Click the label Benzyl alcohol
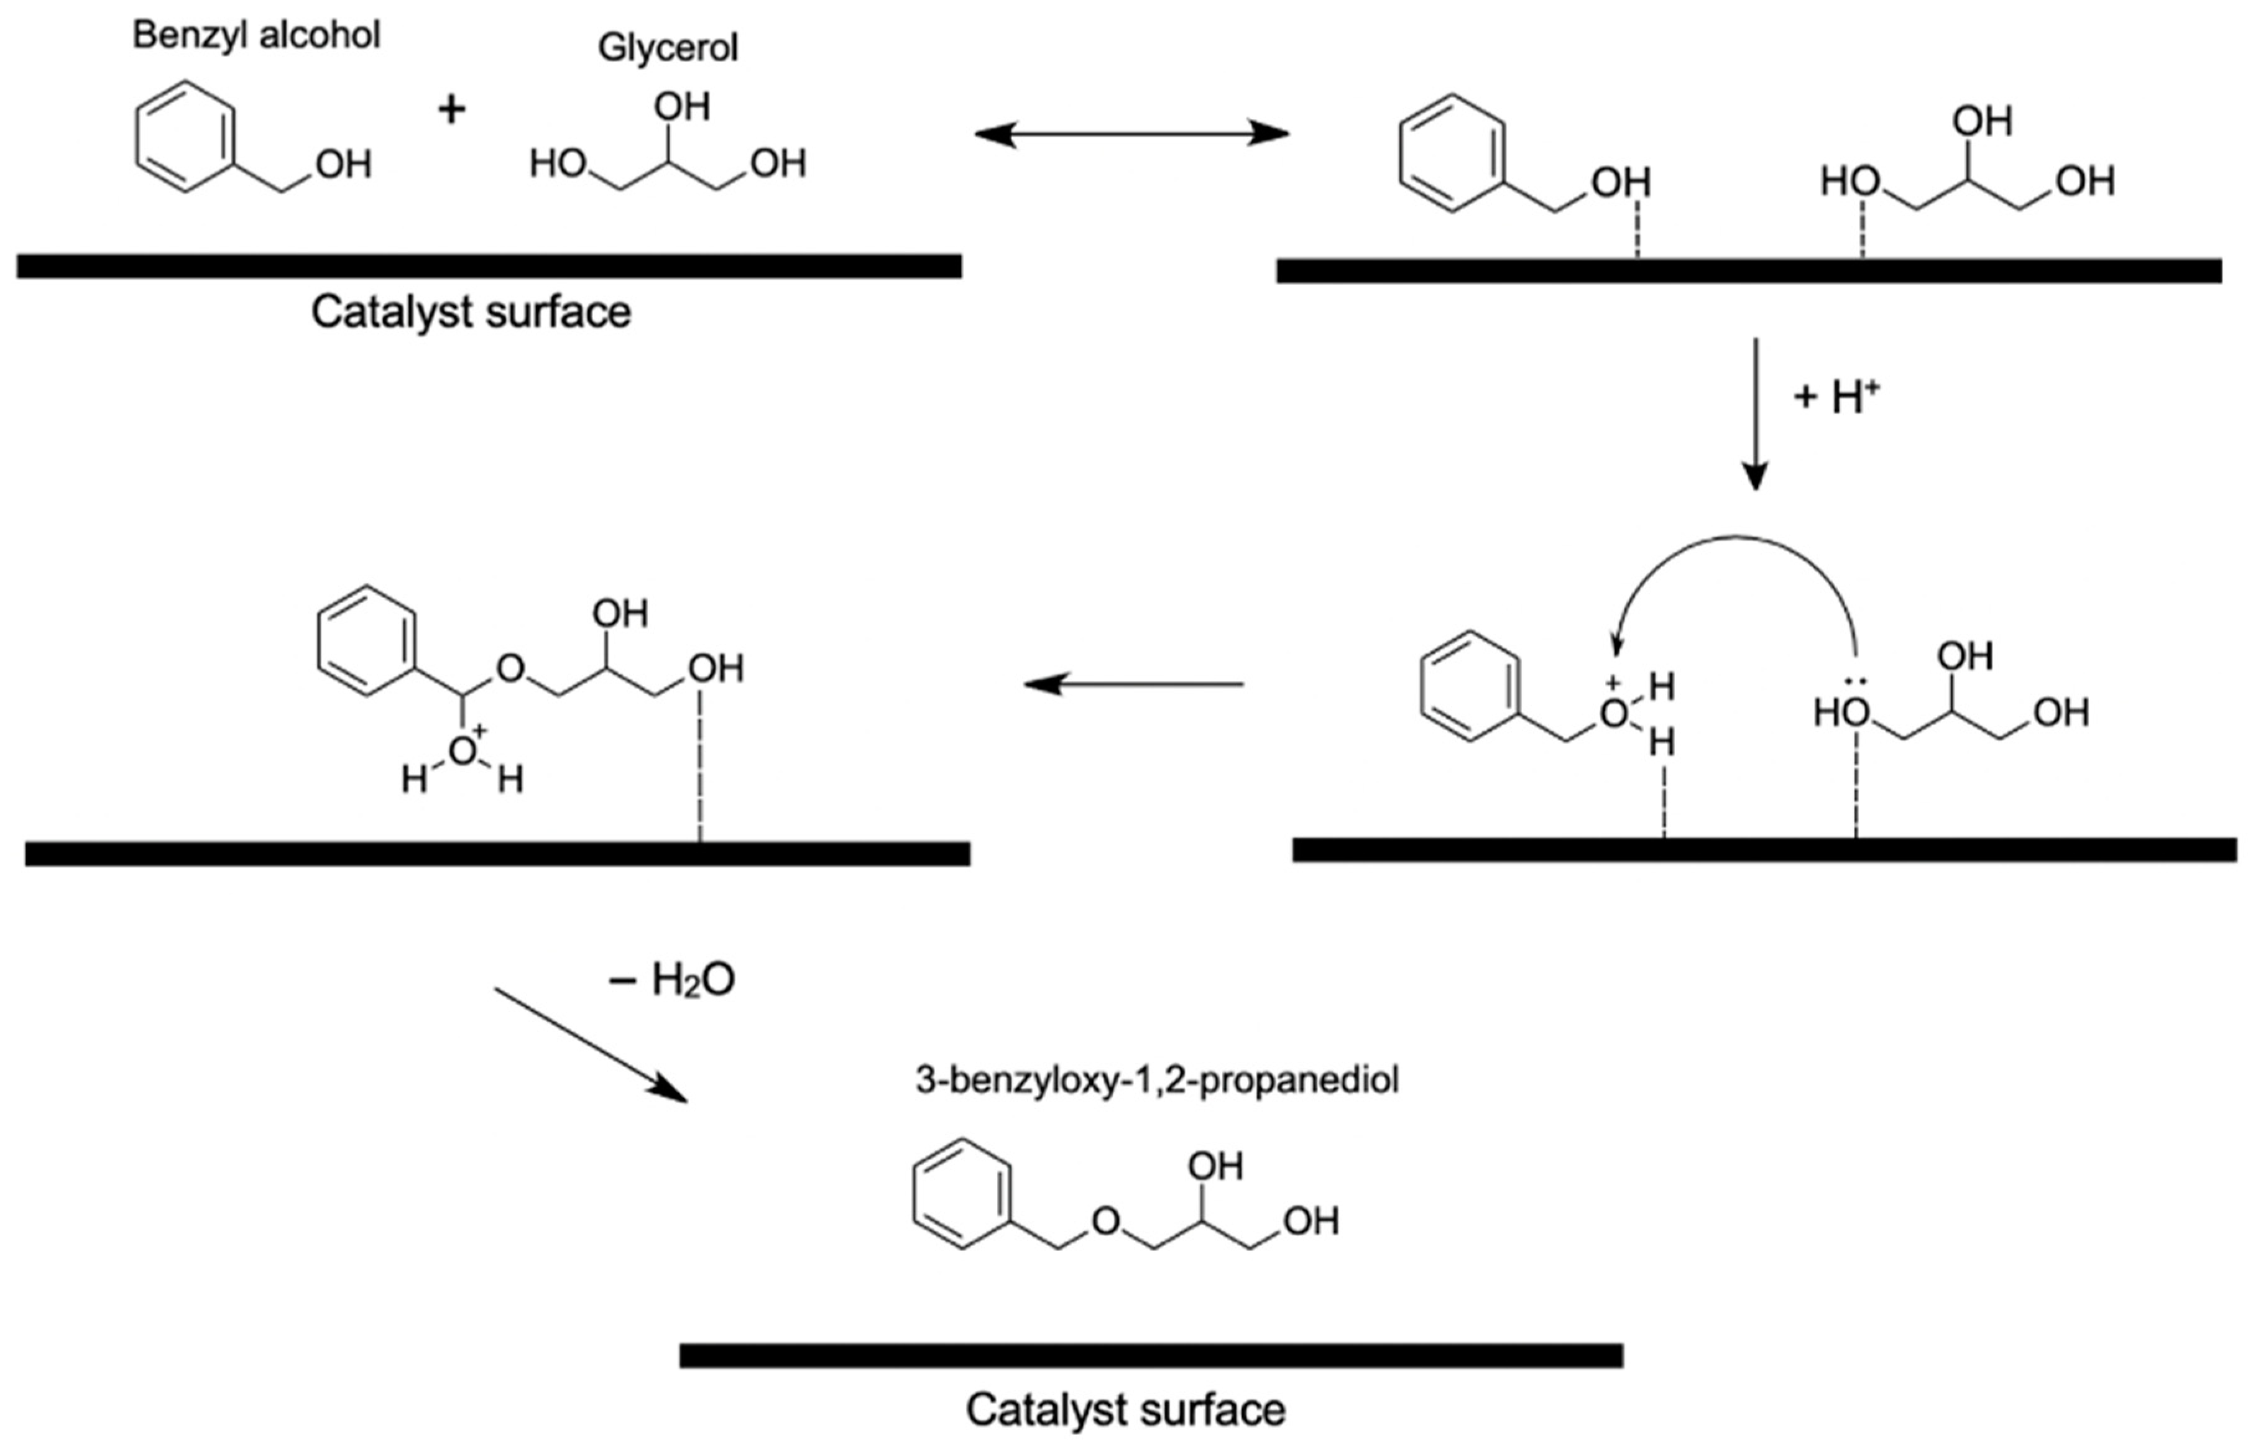[256, 35]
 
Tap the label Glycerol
[668, 48]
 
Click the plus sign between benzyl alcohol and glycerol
[451, 110]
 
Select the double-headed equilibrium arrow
[1131, 135]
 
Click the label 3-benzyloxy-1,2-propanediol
[1156, 1080]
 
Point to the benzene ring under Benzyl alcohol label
[184, 137]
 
